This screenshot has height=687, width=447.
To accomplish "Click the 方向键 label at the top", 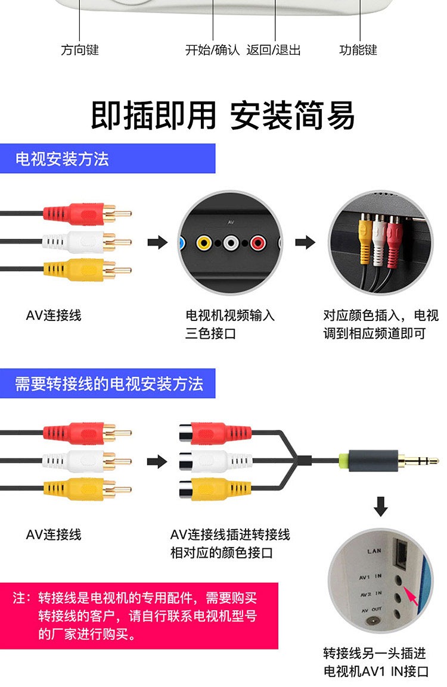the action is tap(80, 50).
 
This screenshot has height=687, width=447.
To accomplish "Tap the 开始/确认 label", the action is tap(212, 50).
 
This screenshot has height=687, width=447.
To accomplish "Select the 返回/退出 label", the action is tap(274, 50).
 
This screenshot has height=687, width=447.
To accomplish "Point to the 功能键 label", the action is tap(358, 50).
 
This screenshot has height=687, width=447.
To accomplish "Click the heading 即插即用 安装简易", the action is tap(223, 115).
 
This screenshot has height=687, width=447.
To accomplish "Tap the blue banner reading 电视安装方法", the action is tap(107, 158).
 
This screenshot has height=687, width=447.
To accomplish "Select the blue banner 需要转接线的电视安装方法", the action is tap(107, 383).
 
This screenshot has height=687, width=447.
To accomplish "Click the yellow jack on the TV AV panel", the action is tap(204, 242).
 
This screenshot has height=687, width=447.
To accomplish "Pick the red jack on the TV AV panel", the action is tap(258, 242).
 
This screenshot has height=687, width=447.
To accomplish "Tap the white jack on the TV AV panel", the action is tap(231, 242).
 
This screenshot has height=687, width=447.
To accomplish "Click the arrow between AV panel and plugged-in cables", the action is tap(305, 242).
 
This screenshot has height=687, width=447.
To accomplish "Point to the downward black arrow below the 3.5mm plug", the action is tap(380, 506).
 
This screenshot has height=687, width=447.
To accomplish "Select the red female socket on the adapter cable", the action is tap(215, 433).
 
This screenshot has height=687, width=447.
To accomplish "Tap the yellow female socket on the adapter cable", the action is tap(215, 489).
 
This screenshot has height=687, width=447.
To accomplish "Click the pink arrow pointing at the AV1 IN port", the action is tap(411, 597).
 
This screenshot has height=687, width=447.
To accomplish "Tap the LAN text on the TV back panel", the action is tap(374, 551).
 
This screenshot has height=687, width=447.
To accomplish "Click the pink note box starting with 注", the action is tap(139, 616).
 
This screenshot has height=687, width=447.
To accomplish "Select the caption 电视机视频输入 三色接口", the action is tap(230, 324).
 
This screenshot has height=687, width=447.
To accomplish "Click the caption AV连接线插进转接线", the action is tap(230, 535).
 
